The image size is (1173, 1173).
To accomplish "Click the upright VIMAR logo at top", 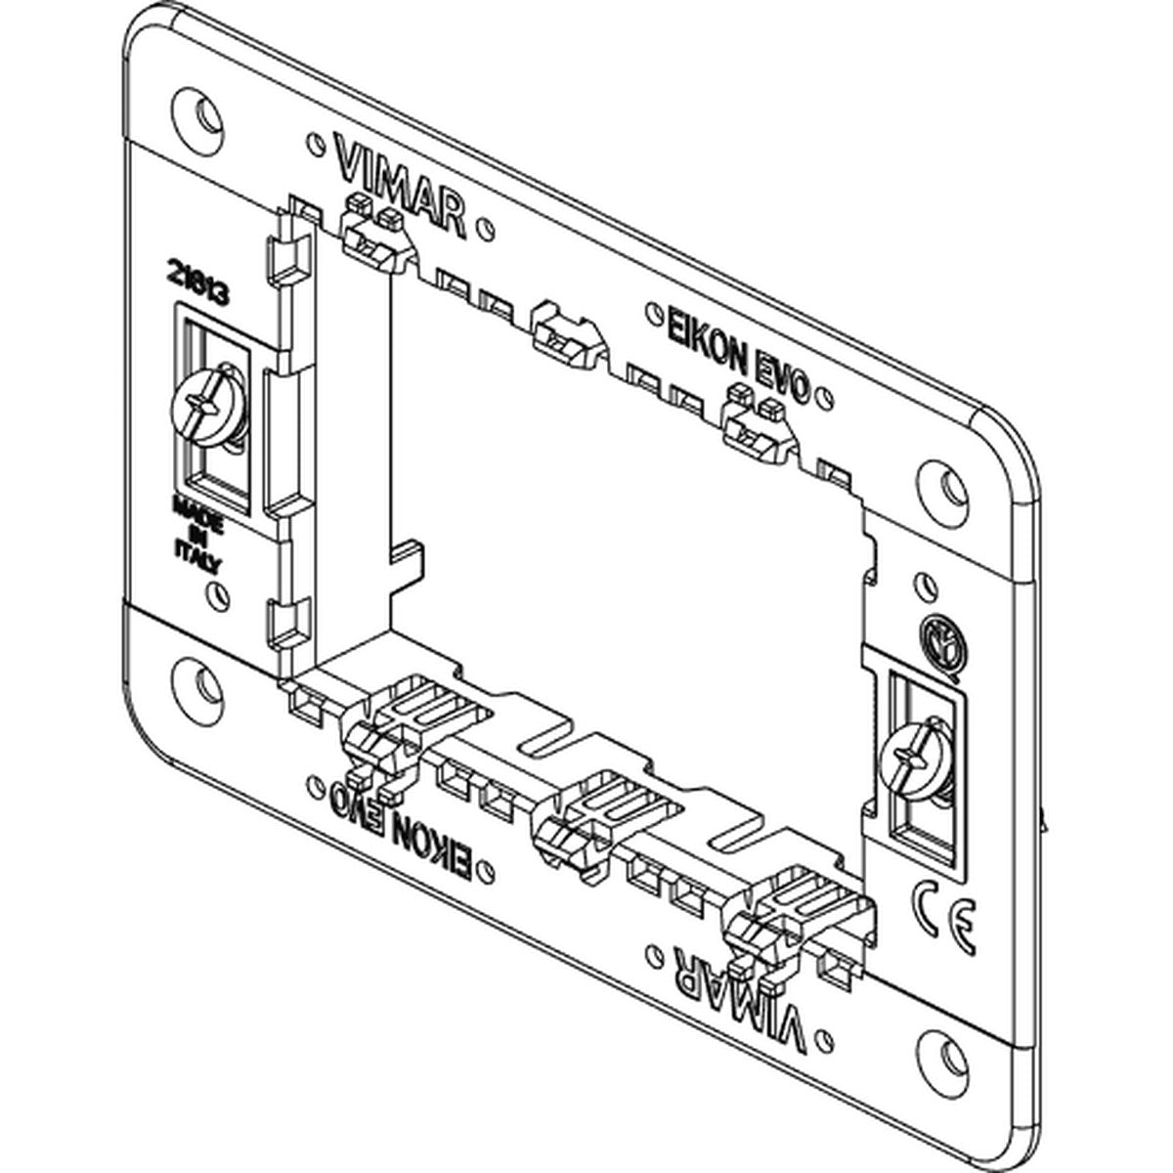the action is (x=400, y=186).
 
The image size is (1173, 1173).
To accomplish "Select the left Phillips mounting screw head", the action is (x=208, y=405).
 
